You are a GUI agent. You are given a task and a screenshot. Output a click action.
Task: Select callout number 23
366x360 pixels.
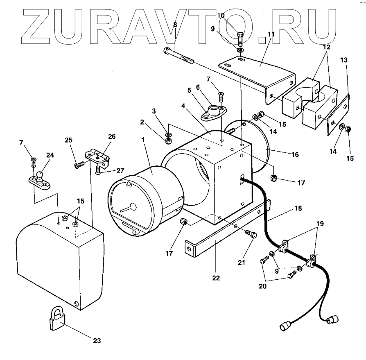click(97, 340)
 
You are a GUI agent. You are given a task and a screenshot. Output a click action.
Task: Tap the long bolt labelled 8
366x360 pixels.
click(178, 56)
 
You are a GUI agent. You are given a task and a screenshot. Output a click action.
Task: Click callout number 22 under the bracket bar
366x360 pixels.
click(216, 278)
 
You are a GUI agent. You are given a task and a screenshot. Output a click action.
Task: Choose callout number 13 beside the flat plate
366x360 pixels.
click(344, 60)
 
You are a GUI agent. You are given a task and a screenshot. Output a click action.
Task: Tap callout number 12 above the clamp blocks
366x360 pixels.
click(326, 48)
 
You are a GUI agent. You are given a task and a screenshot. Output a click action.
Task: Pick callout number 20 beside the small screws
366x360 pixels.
click(262, 286)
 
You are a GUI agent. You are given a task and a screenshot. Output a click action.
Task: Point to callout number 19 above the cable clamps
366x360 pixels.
click(320, 223)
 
